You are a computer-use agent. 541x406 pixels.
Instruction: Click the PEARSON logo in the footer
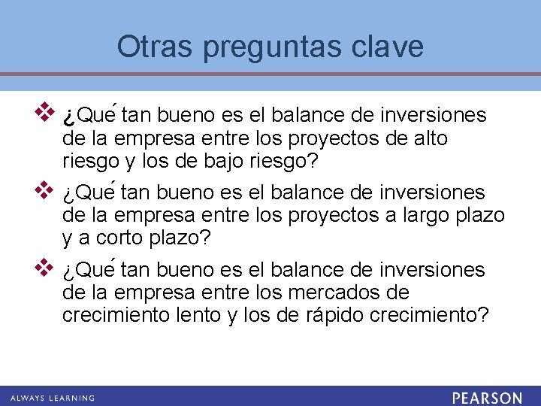click(487, 397)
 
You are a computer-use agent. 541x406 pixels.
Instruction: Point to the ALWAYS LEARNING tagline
click(52, 398)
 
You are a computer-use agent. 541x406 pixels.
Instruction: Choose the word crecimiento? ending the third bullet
click(429, 315)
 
